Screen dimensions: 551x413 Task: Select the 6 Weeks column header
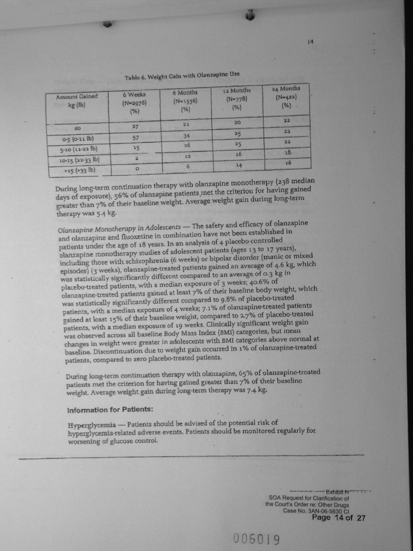134,103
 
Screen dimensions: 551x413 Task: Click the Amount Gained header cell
77,100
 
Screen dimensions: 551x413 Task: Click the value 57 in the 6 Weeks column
136,138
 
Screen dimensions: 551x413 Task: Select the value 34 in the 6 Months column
187,136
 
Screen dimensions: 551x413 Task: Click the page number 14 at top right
311,41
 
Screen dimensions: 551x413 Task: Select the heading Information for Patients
110,410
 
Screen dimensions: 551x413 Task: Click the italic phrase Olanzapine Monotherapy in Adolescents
120,228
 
